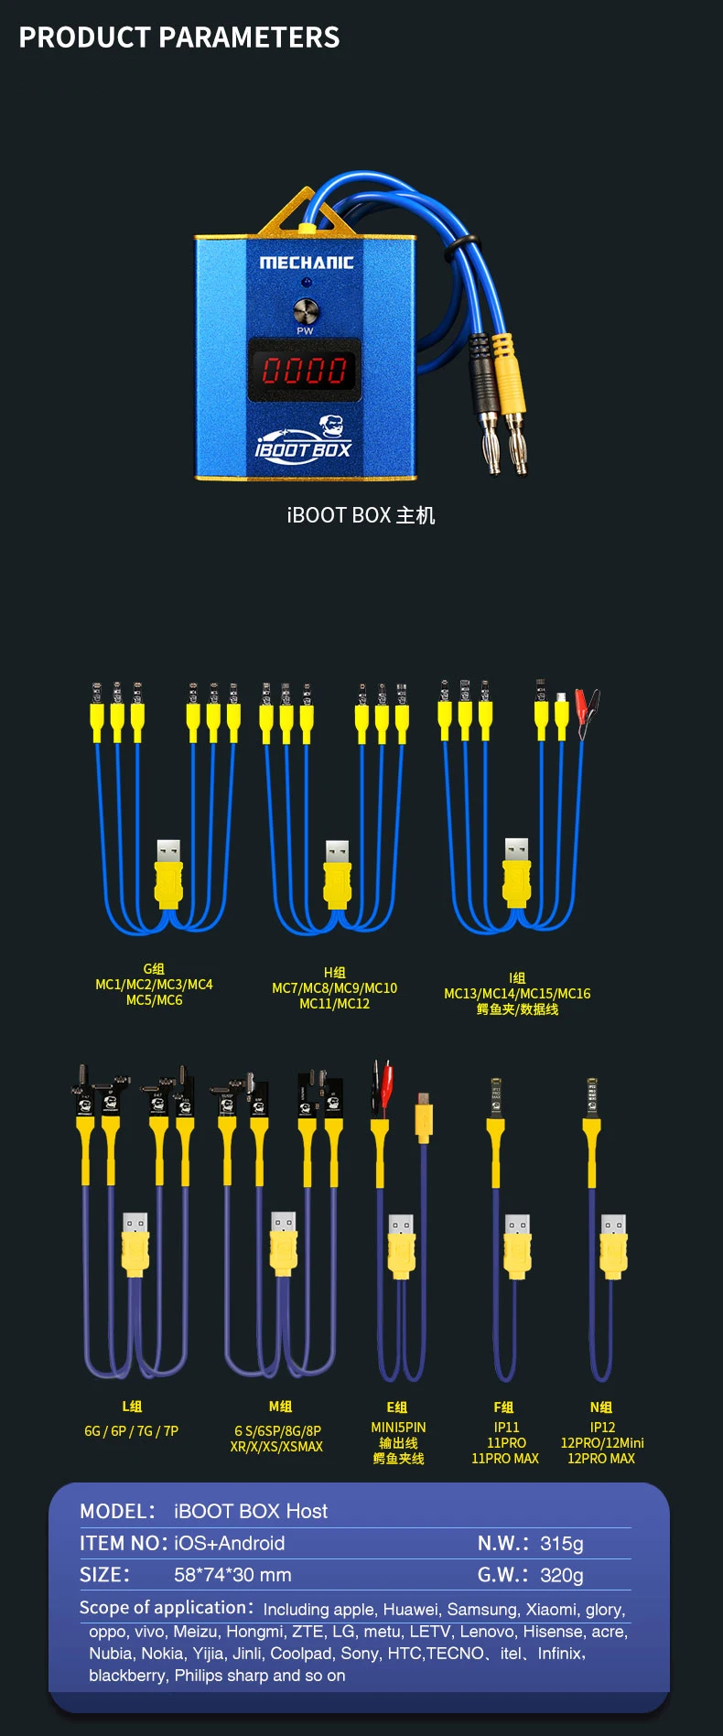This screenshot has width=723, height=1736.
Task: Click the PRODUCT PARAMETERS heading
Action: click(179, 38)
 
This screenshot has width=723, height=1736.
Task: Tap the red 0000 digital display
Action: click(304, 370)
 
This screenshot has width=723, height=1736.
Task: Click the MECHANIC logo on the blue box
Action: click(306, 263)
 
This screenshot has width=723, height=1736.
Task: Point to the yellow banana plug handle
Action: click(502, 358)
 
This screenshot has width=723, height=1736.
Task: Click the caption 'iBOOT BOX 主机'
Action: click(361, 515)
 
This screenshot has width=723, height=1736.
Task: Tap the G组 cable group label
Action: click(154, 968)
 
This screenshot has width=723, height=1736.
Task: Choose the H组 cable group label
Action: click(334, 972)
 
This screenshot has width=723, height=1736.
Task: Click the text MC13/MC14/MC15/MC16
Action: click(517, 993)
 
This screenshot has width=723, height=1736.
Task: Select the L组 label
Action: click(132, 1406)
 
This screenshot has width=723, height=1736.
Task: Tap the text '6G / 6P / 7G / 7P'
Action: click(131, 1430)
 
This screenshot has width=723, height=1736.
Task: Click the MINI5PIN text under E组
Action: click(398, 1427)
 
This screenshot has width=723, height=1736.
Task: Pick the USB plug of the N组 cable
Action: click(613, 1245)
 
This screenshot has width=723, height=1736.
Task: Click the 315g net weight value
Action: click(561, 1543)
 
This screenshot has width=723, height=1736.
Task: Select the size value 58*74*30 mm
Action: click(232, 1574)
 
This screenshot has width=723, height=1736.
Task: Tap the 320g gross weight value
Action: click(561, 1574)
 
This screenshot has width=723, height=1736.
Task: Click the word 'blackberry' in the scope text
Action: click(128, 1675)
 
